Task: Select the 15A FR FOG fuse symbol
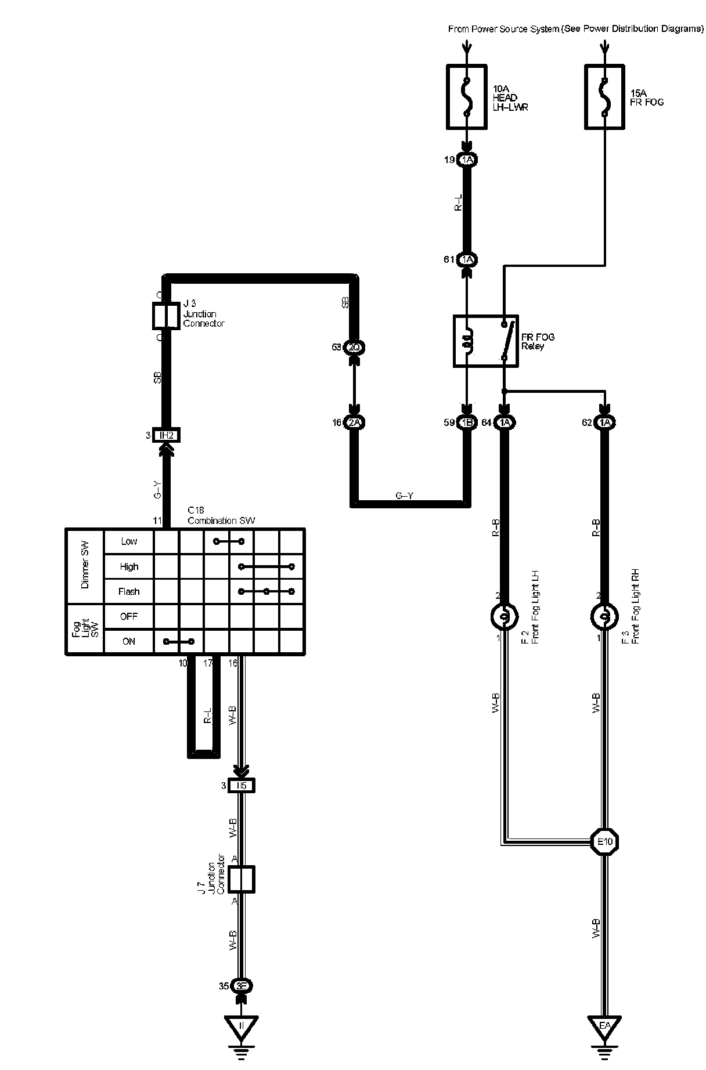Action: tap(605, 96)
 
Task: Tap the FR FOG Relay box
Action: tap(485, 341)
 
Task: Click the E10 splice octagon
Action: tap(604, 841)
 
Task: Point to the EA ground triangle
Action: tap(604, 1025)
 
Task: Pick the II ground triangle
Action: tap(242, 1025)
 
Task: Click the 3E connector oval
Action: tap(242, 986)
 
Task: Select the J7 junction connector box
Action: tap(242, 879)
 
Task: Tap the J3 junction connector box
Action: tap(165, 315)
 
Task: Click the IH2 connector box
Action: tap(166, 435)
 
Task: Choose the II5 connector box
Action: tap(242, 786)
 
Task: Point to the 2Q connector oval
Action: tap(354, 347)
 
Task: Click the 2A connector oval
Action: tap(354, 423)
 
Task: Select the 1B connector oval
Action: tap(466, 423)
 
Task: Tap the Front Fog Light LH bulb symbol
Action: tap(504, 616)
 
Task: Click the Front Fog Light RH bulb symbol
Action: tap(604, 616)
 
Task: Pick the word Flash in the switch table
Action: tap(129, 592)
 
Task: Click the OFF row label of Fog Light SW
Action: tap(129, 617)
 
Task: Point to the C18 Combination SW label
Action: tap(221, 515)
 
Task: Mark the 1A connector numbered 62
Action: tap(604, 423)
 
